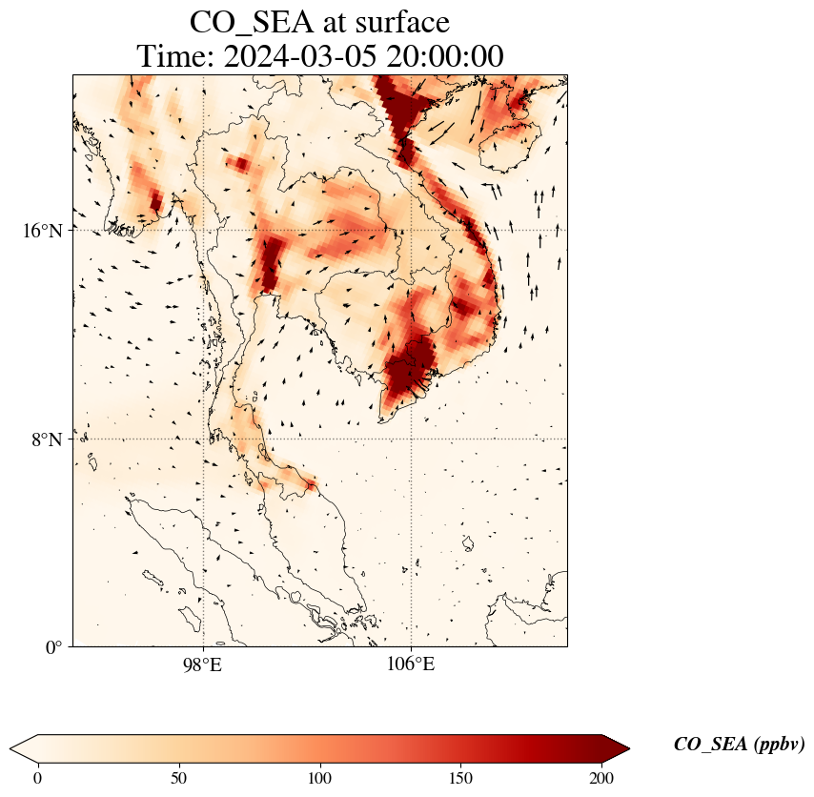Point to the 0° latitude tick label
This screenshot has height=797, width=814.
(x=55, y=647)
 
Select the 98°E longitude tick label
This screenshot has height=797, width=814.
(x=202, y=664)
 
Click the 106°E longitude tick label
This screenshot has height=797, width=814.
(x=411, y=664)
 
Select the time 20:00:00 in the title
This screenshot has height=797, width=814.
(x=444, y=56)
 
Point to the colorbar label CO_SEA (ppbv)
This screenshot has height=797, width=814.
(x=739, y=745)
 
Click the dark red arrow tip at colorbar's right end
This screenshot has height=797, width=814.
(x=618, y=748)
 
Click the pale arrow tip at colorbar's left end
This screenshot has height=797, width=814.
(x=22, y=748)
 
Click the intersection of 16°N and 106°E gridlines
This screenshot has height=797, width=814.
(x=411, y=231)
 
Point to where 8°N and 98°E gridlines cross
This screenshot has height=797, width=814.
(x=202, y=439)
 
